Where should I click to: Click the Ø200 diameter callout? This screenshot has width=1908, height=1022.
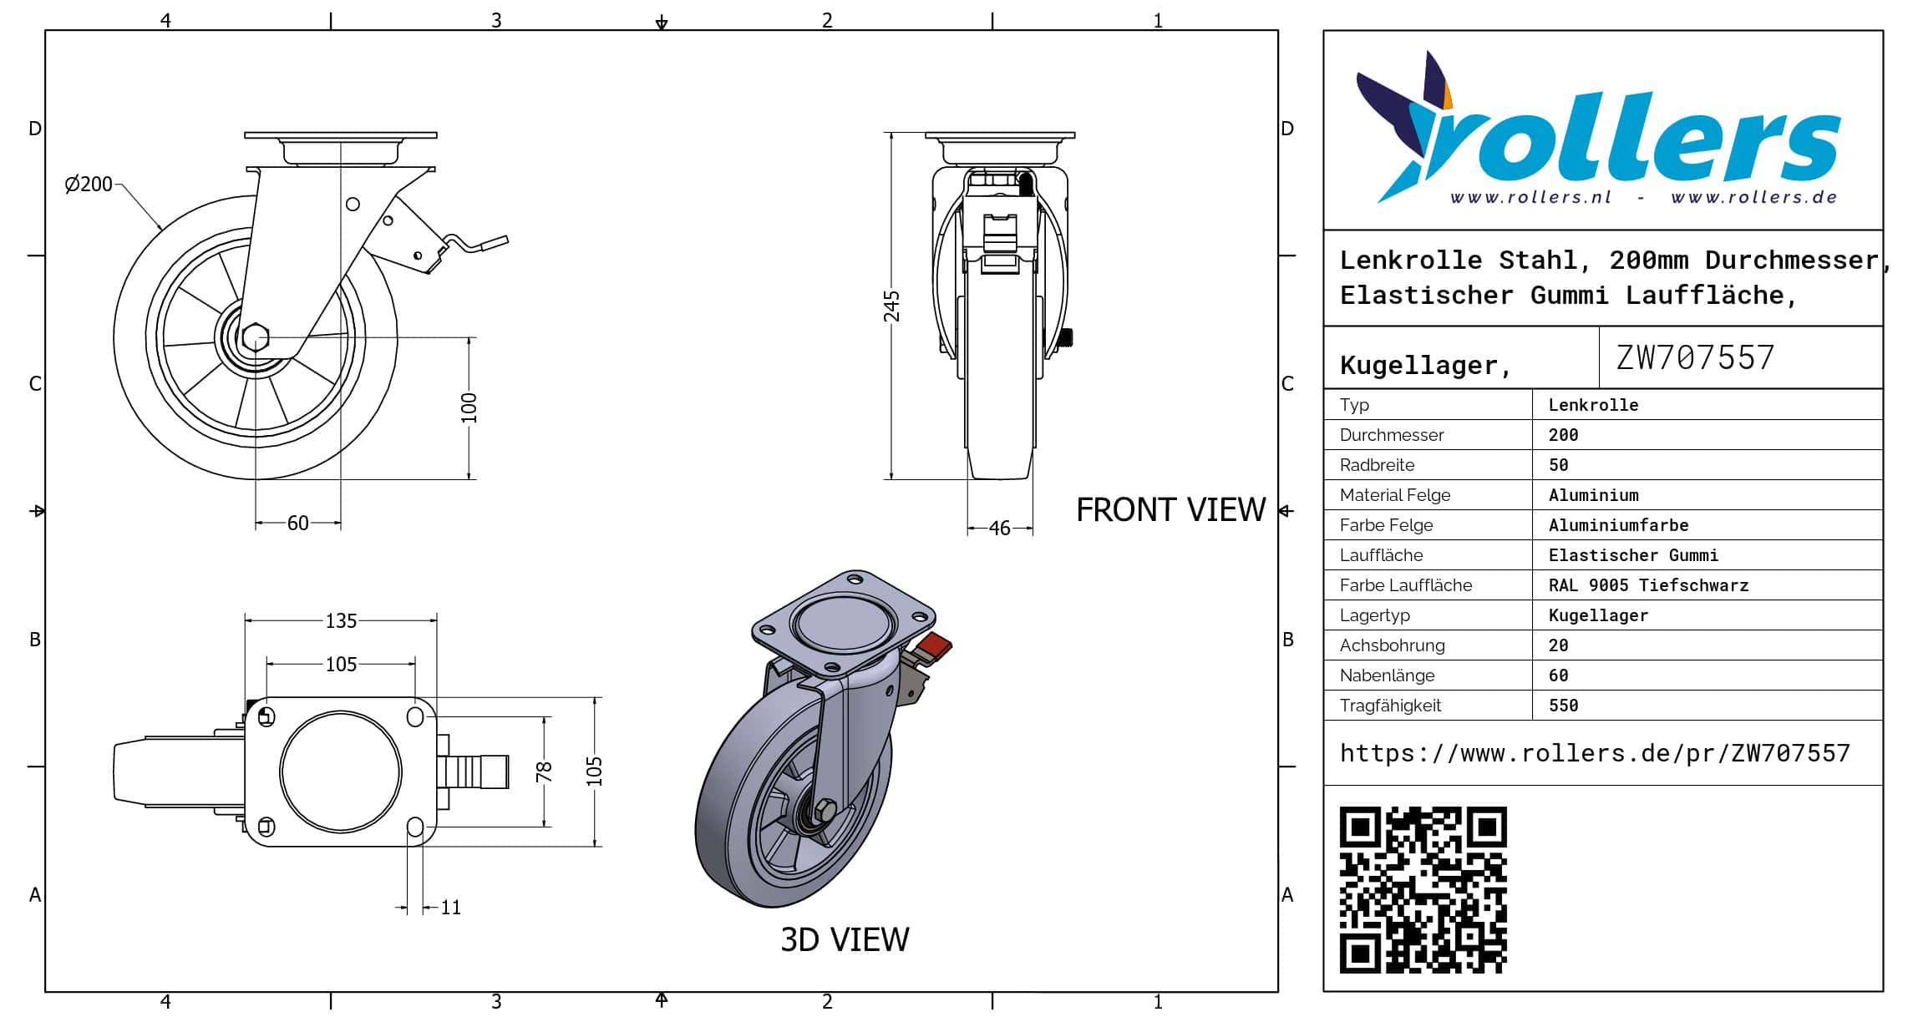click(x=89, y=185)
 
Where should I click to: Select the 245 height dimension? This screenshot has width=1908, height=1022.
click(x=892, y=306)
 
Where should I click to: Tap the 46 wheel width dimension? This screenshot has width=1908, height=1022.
click(x=999, y=529)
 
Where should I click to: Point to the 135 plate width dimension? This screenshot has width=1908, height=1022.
click(x=341, y=621)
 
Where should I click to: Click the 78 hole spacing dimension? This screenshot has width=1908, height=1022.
click(x=544, y=772)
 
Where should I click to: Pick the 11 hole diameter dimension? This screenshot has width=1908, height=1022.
click(x=450, y=908)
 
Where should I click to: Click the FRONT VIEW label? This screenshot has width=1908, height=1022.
click(x=1170, y=510)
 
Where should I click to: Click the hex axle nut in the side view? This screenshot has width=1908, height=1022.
click(x=255, y=338)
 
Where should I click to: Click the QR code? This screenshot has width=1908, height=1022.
click(x=1423, y=889)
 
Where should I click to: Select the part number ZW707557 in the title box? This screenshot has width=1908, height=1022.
click(x=1695, y=358)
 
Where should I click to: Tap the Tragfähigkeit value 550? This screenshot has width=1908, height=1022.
click(x=1563, y=706)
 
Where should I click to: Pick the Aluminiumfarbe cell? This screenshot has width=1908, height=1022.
click(x=1618, y=525)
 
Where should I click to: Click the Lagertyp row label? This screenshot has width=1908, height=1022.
click(x=1374, y=615)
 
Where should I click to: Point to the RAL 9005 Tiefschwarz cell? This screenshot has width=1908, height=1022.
click(x=1647, y=585)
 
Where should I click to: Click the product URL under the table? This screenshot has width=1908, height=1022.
click(x=1595, y=753)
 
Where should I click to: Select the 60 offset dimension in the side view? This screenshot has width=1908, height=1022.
click(x=297, y=524)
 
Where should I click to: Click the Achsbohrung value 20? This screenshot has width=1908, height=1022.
click(x=1558, y=645)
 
